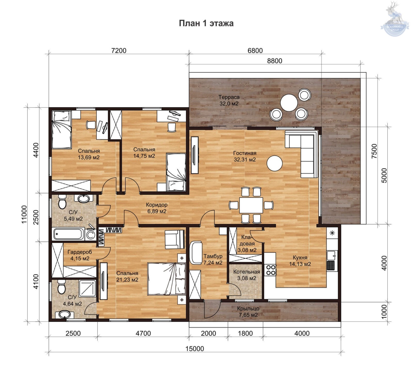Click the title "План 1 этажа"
click(x=206, y=23)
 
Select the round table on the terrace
click(x=289, y=103)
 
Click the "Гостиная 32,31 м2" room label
click(x=245, y=156)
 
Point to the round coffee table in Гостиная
click(x=274, y=163)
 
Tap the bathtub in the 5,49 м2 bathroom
click(x=69, y=234)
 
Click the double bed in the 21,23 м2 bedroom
click(x=166, y=279)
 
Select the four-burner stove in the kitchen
click(x=271, y=270)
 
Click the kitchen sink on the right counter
click(x=331, y=255)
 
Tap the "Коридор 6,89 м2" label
click(x=157, y=208)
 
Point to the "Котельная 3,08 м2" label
click(x=247, y=275)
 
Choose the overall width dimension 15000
click(x=195, y=349)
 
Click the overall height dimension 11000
click(x=24, y=214)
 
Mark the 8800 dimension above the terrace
click(x=275, y=61)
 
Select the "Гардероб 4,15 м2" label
click(x=80, y=255)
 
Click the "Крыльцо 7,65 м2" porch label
click(x=248, y=312)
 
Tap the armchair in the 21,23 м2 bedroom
click(x=175, y=239)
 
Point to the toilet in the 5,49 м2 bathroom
click(x=62, y=201)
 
